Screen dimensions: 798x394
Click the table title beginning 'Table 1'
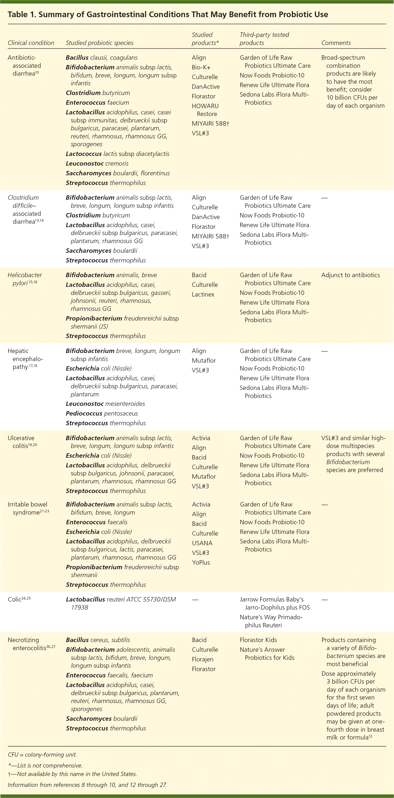click(x=168, y=15)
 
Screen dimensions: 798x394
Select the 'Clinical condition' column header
click(x=31, y=43)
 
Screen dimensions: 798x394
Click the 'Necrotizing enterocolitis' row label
click(x=31, y=644)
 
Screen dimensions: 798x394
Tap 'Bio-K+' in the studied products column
click(x=201, y=67)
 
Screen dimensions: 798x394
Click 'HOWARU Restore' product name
click(x=205, y=110)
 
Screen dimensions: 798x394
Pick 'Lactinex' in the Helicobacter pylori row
click(x=203, y=294)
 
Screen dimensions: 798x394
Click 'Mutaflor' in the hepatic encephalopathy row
click(x=204, y=361)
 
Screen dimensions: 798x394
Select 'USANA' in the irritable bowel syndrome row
click(x=202, y=543)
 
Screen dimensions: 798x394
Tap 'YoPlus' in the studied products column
click(x=201, y=562)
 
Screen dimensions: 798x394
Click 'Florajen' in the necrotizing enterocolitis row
click(x=203, y=659)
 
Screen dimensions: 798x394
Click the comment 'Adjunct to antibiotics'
click(x=350, y=275)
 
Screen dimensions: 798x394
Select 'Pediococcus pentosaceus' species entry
click(x=102, y=413)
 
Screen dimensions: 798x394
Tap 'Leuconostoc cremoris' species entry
click(x=97, y=164)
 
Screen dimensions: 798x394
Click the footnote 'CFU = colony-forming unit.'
click(x=42, y=755)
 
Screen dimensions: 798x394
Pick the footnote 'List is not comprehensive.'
click(x=45, y=766)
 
